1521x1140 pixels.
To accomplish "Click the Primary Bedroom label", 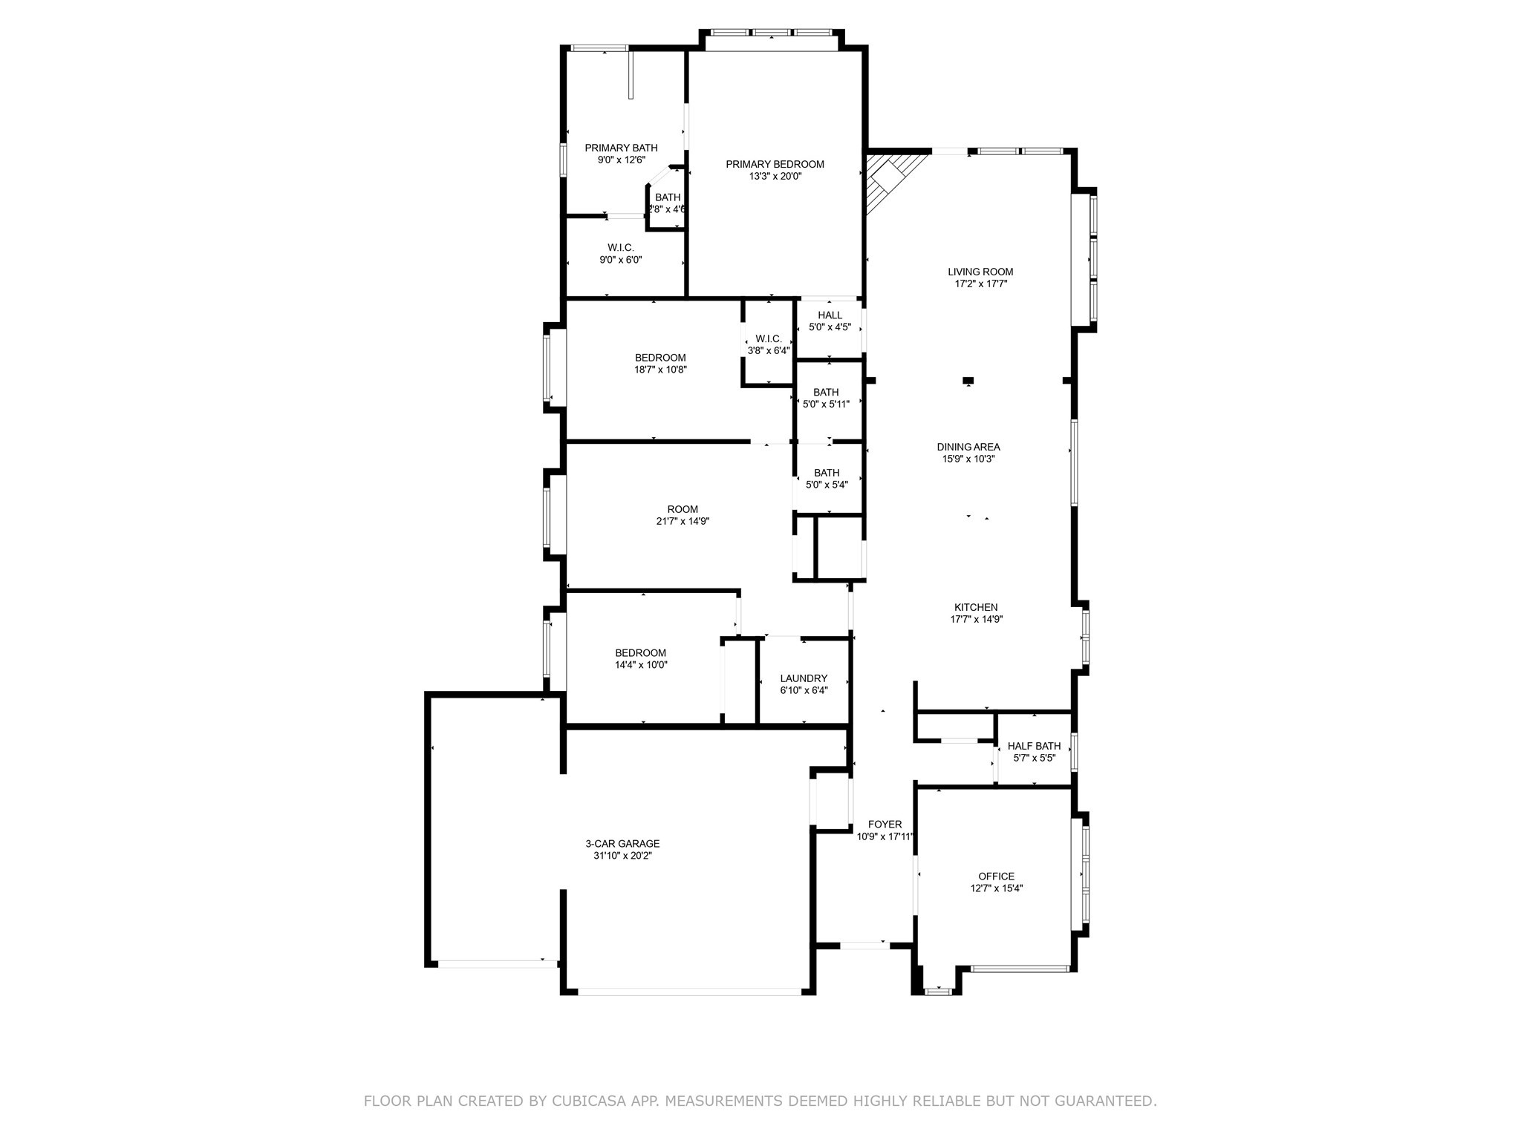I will coord(775,164).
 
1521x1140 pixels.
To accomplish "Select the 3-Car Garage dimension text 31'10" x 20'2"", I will coord(622,856).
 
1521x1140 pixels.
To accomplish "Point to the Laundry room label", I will coord(804,678).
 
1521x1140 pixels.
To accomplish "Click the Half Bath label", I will coord(1034,746).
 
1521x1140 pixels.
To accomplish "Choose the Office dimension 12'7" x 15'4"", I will coord(996,888).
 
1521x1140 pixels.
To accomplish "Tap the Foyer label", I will coord(885,825).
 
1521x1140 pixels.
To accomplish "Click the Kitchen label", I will coord(976,607).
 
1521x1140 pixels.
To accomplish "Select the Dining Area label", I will coord(968,447).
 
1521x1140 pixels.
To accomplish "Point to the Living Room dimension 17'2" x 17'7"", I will coord(980,284).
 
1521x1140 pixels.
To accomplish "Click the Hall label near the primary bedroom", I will coord(830,315).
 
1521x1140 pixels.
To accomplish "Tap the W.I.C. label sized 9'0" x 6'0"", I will coord(620,247).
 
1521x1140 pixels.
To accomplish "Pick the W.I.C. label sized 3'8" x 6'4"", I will coord(768,339).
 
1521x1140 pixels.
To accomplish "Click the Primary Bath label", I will coord(621,148).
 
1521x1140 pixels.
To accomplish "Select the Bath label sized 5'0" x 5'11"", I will coord(826,393).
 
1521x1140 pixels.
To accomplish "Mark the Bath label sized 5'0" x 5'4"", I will coord(827,473).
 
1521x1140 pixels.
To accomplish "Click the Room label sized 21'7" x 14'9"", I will coord(683,509).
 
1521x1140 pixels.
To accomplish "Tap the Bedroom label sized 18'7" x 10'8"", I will coord(660,358).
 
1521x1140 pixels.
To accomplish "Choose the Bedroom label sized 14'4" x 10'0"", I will coord(640,653).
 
